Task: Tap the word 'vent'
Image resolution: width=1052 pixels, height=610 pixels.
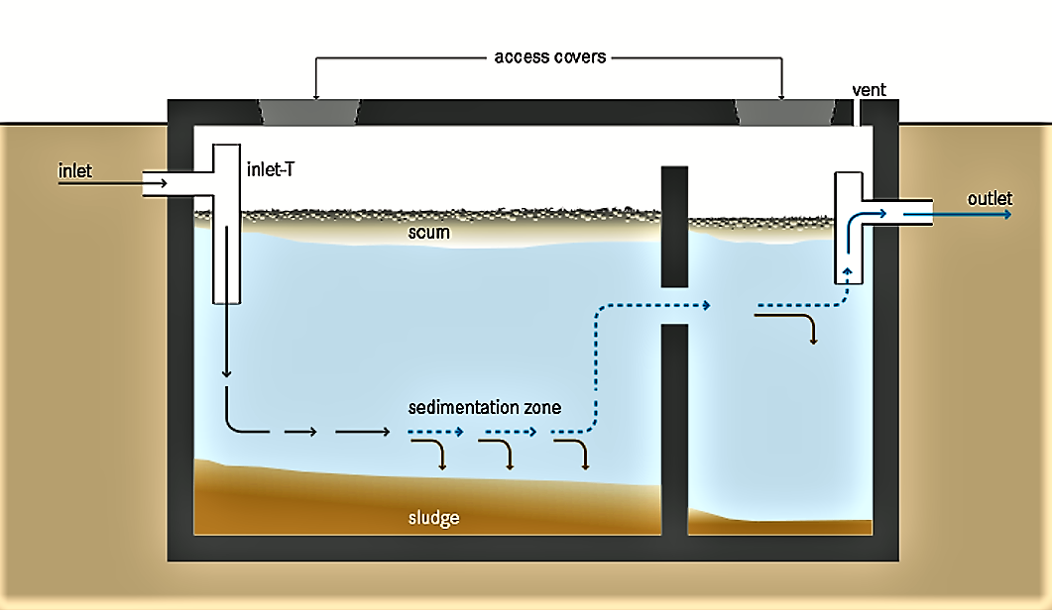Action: pyautogui.click(x=869, y=90)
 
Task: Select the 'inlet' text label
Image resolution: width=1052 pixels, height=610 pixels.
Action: pyautogui.click(x=75, y=171)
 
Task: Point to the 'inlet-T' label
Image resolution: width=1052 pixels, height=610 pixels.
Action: pyautogui.click(x=269, y=170)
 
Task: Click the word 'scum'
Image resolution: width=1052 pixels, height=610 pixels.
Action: pyautogui.click(x=429, y=234)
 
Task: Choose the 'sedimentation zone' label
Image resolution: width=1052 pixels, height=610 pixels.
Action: pyautogui.click(x=485, y=408)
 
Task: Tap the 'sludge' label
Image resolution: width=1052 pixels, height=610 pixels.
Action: pyautogui.click(x=434, y=518)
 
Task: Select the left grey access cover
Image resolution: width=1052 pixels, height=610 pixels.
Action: pyautogui.click(x=310, y=112)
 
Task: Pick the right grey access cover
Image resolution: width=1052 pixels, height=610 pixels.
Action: pyautogui.click(x=782, y=112)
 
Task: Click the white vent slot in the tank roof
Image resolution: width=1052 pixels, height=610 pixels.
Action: pyautogui.click(x=855, y=112)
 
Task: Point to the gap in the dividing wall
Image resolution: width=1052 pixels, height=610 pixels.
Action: pyautogui.click(x=674, y=306)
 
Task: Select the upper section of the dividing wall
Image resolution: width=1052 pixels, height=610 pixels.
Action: pyautogui.click(x=674, y=227)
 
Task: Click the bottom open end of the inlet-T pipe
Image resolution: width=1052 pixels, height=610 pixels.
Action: pyautogui.click(x=227, y=300)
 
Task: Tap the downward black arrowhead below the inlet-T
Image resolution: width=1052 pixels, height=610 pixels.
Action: pyautogui.click(x=227, y=374)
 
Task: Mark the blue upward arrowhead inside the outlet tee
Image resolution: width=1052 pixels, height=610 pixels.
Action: pyautogui.click(x=848, y=267)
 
